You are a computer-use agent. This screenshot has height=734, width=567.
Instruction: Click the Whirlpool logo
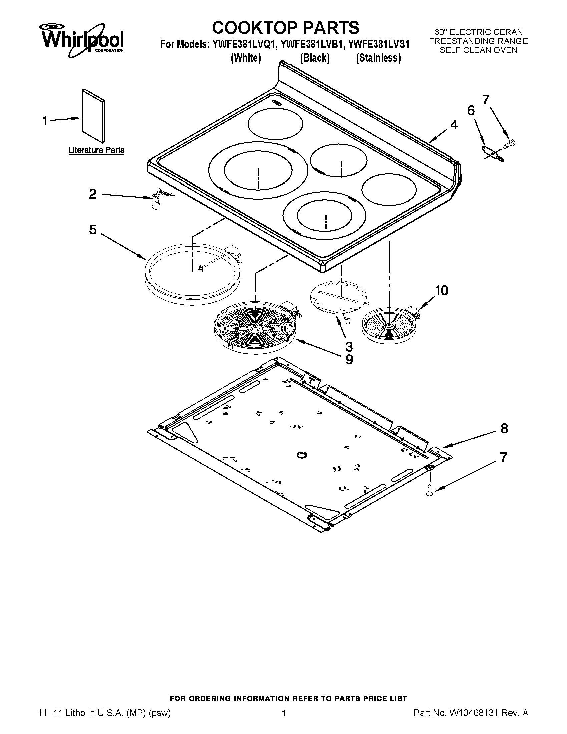click(82, 40)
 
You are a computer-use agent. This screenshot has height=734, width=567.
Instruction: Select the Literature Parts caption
click(96, 150)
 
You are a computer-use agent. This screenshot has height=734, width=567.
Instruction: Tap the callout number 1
click(45, 121)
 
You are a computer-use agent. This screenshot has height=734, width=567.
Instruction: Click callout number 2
click(93, 194)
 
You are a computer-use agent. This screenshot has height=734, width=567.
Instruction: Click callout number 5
click(93, 230)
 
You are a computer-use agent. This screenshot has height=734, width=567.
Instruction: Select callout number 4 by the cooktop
click(454, 125)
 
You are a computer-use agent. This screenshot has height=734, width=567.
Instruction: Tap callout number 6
click(471, 110)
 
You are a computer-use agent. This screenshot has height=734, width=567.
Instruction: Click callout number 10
click(441, 290)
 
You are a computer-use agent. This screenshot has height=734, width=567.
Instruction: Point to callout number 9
click(349, 360)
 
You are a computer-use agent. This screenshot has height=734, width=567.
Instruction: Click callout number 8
click(504, 429)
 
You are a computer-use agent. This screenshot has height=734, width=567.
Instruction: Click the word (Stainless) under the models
click(378, 58)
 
